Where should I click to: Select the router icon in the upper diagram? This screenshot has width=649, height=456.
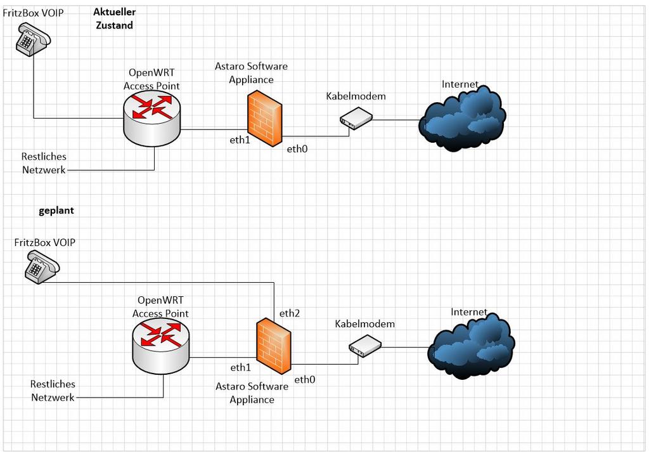[x=151, y=120]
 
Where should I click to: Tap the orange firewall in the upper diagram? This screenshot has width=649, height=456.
[x=265, y=119]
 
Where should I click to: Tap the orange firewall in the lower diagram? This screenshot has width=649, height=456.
[x=274, y=346]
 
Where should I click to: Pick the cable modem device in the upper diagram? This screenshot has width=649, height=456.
[x=356, y=118]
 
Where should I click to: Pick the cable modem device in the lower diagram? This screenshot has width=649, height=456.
[x=364, y=346]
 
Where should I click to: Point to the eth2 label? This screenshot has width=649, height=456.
[x=289, y=313]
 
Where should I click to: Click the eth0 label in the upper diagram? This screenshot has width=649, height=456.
[x=297, y=150]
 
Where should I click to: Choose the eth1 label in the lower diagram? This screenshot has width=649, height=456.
[x=241, y=367]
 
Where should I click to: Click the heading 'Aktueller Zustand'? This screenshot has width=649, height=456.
[x=114, y=19]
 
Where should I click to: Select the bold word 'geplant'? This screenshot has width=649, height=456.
[x=56, y=211]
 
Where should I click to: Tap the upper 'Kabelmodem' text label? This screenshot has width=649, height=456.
[x=356, y=96]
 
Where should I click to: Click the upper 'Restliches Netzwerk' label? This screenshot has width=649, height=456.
[x=44, y=163]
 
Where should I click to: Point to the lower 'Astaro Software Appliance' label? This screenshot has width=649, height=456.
[x=252, y=393]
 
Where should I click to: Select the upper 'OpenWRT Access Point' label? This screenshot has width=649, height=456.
[x=151, y=79]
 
